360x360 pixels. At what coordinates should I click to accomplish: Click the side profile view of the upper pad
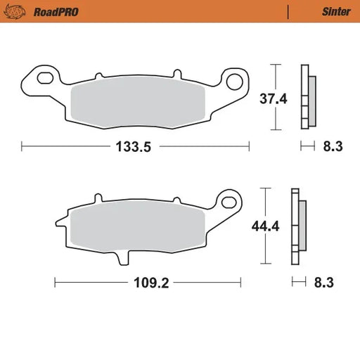tap(306, 98)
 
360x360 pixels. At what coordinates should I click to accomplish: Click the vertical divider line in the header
tap(288, 11)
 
